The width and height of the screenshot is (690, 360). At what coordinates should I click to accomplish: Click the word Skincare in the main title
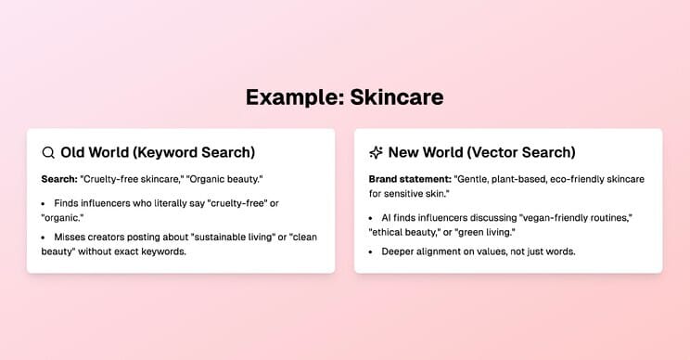coord(397,97)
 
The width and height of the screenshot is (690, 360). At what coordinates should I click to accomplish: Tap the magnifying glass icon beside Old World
coord(48,153)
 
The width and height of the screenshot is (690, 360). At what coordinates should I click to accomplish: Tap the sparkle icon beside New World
coord(376,153)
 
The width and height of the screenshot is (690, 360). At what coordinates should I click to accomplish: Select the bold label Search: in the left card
coord(59,179)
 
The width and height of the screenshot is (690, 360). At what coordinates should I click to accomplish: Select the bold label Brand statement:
coord(410,179)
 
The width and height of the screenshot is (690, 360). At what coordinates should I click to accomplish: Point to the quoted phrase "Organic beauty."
coord(224,180)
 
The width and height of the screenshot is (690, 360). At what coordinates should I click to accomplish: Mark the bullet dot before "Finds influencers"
coord(43,204)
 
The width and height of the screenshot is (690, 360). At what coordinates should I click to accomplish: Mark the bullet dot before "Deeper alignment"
coord(371,252)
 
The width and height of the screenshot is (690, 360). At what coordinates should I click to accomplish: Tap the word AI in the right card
coord(386,218)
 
